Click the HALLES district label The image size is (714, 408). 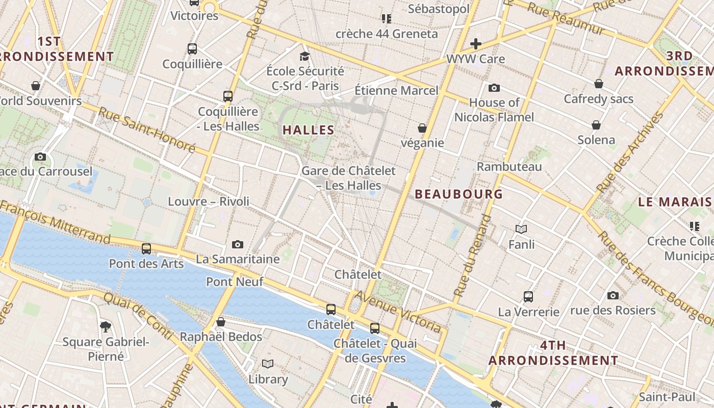(x=309, y=130)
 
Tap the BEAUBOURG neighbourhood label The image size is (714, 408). (x=458, y=194)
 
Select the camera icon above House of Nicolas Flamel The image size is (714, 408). (x=494, y=88)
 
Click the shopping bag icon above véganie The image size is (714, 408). (x=422, y=128)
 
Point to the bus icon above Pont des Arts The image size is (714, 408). (x=146, y=249)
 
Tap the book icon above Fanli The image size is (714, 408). (x=521, y=229)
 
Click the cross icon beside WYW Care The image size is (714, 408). (x=476, y=44)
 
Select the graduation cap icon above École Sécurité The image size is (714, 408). (x=304, y=56)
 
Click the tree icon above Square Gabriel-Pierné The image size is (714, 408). (x=106, y=326)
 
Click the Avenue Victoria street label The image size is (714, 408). (x=398, y=312)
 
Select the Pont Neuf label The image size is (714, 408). (x=235, y=282)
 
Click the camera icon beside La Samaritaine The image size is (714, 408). (x=238, y=245)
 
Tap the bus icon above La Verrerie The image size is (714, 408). (x=528, y=296)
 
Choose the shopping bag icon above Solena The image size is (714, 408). (x=596, y=125)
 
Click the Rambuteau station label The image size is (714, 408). (x=509, y=167)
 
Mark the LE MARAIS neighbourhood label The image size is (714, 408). (x=675, y=202)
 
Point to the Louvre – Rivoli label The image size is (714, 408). (x=209, y=201)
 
